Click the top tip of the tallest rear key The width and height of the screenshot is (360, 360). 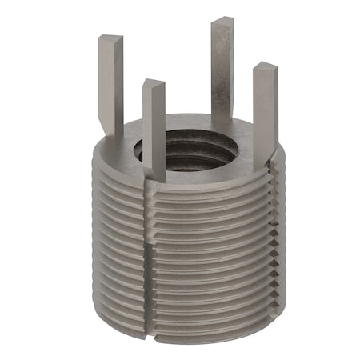pos(222,22)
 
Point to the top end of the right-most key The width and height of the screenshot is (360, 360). pos(266,69)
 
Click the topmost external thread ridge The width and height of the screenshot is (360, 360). pos(200,186)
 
